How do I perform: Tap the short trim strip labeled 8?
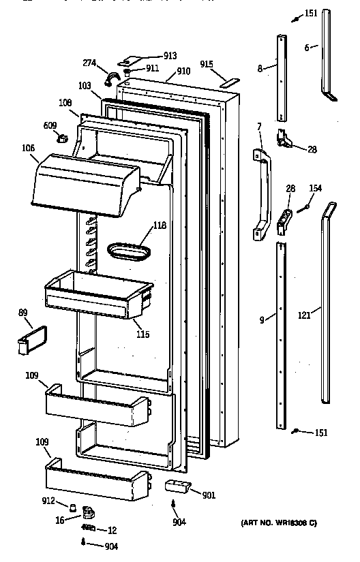[281, 76]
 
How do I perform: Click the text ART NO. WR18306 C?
[278, 523]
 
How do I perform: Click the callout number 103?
[85, 87]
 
